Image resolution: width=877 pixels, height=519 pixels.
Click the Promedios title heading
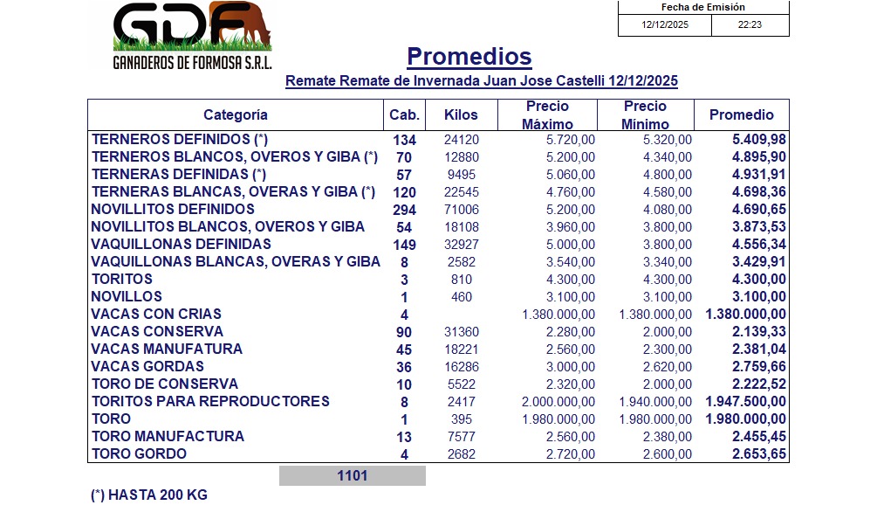pos(469,57)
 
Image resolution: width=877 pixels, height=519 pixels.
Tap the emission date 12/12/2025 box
pos(665,24)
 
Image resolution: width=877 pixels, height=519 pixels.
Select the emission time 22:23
pos(750,24)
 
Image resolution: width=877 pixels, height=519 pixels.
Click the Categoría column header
pos(236,114)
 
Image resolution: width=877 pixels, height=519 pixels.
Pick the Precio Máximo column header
pos(546,114)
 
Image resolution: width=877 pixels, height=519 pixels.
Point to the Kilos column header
pos(461,114)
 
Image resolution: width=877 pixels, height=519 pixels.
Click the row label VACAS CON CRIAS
pos(157,314)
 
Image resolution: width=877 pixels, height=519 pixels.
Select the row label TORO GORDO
pos(140,453)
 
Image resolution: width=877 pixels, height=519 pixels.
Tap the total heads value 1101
pos(353,476)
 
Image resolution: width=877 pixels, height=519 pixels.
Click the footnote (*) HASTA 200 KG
pos(149,495)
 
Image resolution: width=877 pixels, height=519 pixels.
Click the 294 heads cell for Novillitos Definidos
pos(404,210)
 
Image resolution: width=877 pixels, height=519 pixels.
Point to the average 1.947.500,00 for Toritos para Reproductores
pos(746,402)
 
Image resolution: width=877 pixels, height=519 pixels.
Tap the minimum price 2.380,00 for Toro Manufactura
pos(668,437)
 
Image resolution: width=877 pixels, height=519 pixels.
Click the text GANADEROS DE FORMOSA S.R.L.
pos(193,65)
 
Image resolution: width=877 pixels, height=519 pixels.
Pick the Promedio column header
pos(741,114)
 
